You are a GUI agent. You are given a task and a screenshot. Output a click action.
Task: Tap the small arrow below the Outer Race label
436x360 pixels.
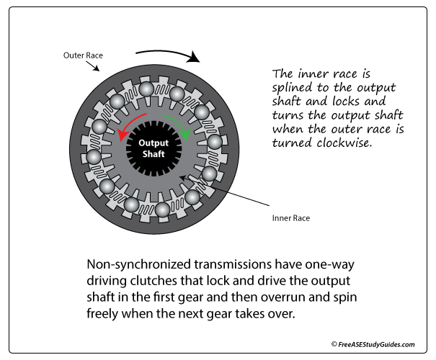[x=95, y=67]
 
